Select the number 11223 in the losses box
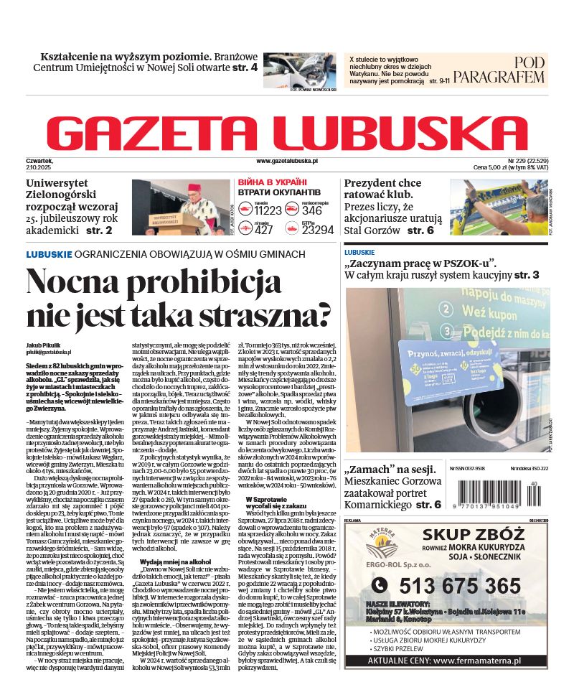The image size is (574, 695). [268, 210]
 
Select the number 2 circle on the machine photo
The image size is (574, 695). [445, 309]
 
